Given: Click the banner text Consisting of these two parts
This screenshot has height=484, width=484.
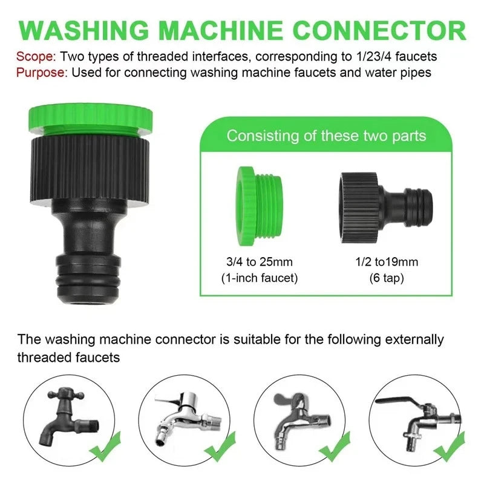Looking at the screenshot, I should [x=326, y=135].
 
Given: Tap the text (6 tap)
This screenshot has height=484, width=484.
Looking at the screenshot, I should [x=387, y=278].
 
